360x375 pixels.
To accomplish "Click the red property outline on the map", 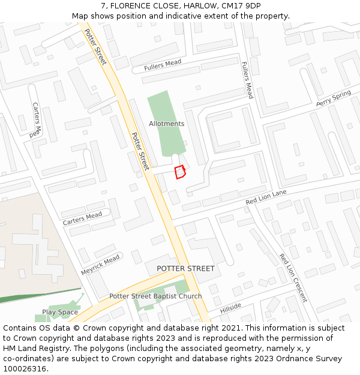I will [x=179, y=172].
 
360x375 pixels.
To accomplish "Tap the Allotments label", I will [x=167, y=124].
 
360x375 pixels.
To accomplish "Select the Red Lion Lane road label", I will [x=266, y=197].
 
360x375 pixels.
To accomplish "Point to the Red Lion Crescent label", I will [x=293, y=277].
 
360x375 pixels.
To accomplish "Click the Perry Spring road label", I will [x=333, y=99].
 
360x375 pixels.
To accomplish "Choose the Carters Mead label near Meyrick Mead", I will [x=83, y=219].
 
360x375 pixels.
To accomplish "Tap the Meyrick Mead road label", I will [x=101, y=264].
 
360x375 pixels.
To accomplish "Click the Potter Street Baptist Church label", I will [x=155, y=296].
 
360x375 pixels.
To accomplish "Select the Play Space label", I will [x=60, y=312].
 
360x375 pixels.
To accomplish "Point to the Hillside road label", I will [x=230, y=308].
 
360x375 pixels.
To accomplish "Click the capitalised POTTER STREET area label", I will [x=185, y=268].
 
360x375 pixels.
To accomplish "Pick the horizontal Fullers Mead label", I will [x=163, y=65].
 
